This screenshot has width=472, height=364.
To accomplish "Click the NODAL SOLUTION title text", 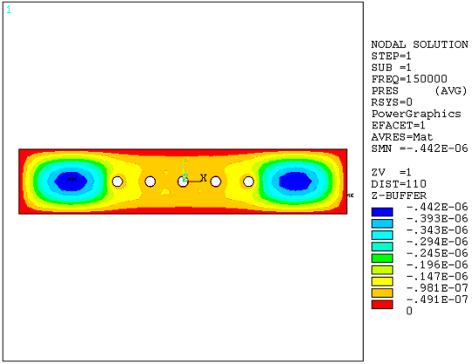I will [411, 45].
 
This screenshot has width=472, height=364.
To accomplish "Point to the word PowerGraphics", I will [409, 113].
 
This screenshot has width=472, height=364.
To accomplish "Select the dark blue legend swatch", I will [382, 211].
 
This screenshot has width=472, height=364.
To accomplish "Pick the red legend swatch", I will [382, 305].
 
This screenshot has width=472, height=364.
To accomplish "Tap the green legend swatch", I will [382, 258].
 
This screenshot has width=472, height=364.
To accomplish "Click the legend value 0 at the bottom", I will [408, 312].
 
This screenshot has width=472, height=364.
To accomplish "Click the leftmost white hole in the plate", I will [117, 182].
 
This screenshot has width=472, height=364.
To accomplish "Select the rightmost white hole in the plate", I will [248, 182].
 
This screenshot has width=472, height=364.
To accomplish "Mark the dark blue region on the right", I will [293, 181].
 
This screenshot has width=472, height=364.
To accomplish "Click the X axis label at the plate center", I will [204, 177].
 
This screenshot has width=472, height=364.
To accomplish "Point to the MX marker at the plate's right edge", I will [350, 196].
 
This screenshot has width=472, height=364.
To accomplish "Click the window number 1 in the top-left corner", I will [9, 10].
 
